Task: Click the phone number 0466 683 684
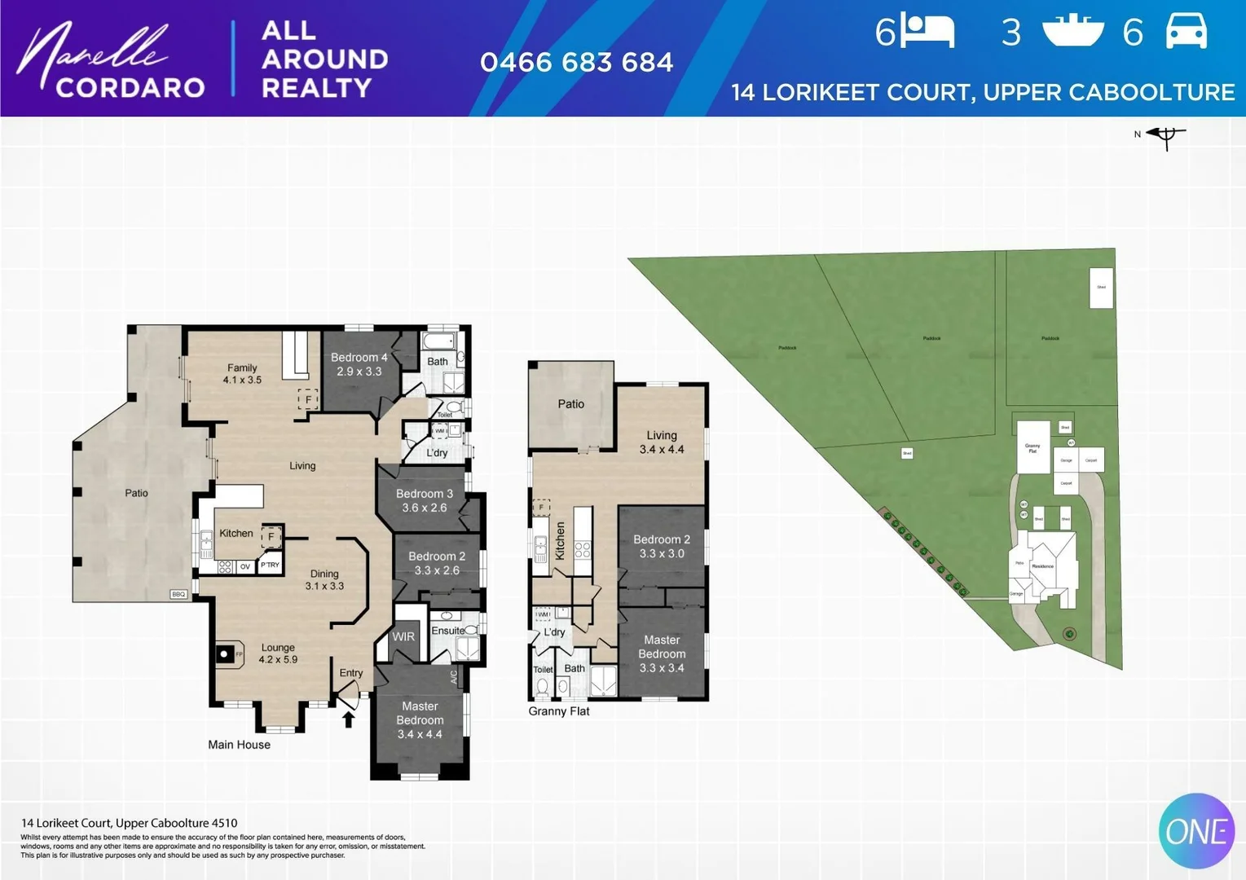pyautogui.click(x=576, y=63)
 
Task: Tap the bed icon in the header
pyautogui.click(x=927, y=32)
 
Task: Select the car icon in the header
pyautogui.click(x=1186, y=32)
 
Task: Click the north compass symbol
pyautogui.click(x=1165, y=136)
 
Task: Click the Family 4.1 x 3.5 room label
pyautogui.click(x=242, y=374)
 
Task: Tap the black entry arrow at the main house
pyautogui.click(x=348, y=719)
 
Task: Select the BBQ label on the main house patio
pyautogui.click(x=178, y=594)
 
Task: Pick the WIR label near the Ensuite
pyautogui.click(x=403, y=636)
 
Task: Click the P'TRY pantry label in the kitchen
pyautogui.click(x=270, y=565)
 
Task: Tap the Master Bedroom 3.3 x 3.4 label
pyautogui.click(x=661, y=653)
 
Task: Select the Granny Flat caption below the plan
pyautogui.click(x=558, y=711)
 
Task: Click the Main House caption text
pyautogui.click(x=239, y=745)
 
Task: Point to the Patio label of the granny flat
pyautogui.click(x=570, y=404)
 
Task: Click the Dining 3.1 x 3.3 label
pyautogui.click(x=324, y=579)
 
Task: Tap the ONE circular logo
pyautogui.click(x=1196, y=831)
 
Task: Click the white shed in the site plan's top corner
pyautogui.click(x=1101, y=288)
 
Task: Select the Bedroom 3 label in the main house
pyautogui.click(x=424, y=500)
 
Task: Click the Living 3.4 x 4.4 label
pyautogui.click(x=661, y=442)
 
